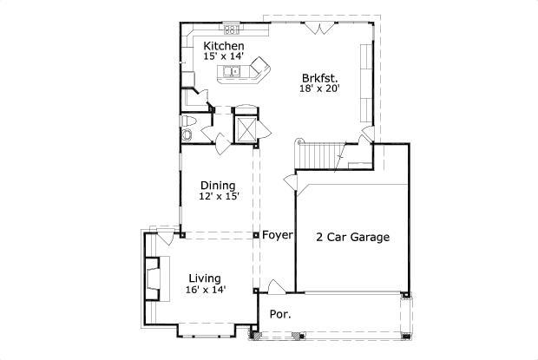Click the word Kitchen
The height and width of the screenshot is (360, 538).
point(223,46)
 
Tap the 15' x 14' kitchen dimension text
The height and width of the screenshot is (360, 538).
point(223,57)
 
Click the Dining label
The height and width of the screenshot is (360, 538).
point(218,185)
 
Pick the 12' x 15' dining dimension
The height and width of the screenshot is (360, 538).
point(219,197)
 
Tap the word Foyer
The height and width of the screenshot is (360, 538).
point(278,236)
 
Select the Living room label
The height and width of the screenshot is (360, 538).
point(205,278)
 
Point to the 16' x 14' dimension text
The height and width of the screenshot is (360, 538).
point(206,290)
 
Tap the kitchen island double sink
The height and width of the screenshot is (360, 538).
point(233,72)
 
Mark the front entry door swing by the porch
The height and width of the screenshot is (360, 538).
point(275,287)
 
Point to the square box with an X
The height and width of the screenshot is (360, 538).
point(246,130)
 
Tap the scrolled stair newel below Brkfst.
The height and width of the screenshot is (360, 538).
point(299,141)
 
